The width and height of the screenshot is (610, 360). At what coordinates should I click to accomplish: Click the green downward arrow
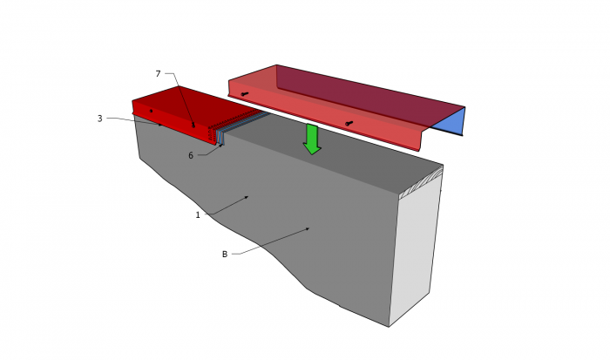pyautogui.click(x=312, y=139)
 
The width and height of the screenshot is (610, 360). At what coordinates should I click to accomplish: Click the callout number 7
pyautogui.click(x=158, y=73)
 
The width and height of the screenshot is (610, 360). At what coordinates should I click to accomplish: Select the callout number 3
pyautogui.click(x=100, y=119)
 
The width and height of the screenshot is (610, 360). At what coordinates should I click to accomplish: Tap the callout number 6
pyautogui.click(x=191, y=156)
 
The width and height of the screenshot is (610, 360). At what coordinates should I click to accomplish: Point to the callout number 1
pyautogui.click(x=198, y=214)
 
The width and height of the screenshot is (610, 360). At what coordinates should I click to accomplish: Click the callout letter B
pyautogui.click(x=225, y=255)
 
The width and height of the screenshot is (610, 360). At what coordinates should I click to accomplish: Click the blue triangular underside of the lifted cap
pyautogui.click(x=451, y=120)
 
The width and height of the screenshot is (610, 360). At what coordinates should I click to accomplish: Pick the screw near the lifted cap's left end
pyautogui.click(x=244, y=94)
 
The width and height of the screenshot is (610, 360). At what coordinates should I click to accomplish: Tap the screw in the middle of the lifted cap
pyautogui.click(x=349, y=124)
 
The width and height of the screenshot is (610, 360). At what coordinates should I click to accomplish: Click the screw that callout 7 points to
pyautogui.click(x=193, y=126)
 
